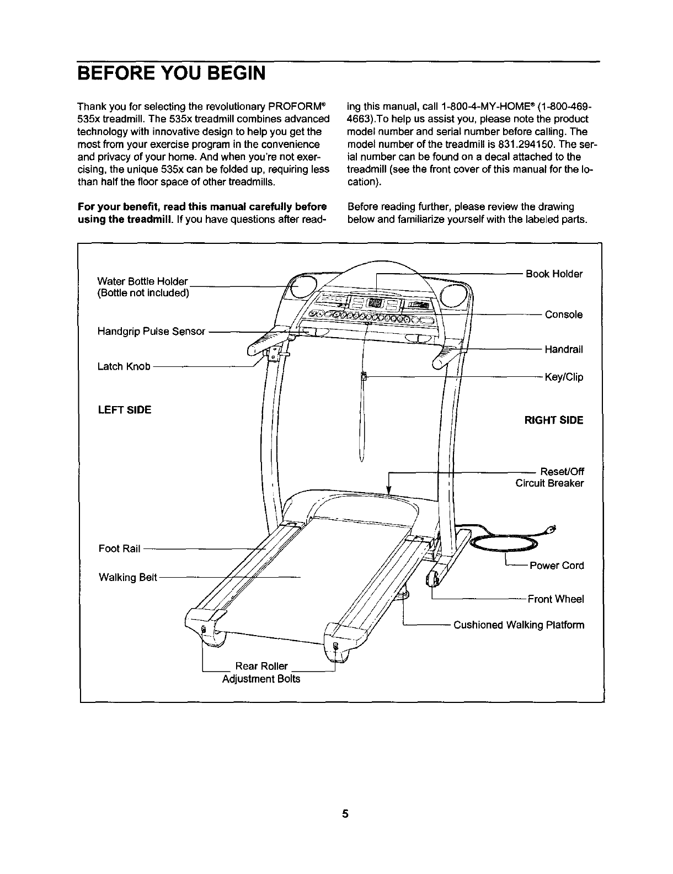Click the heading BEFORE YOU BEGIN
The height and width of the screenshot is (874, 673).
(171, 72)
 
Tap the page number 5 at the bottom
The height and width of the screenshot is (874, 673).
(345, 814)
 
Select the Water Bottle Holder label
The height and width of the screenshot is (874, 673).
(143, 281)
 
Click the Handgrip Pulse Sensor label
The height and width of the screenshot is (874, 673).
(151, 331)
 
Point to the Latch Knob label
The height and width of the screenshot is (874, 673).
(124, 366)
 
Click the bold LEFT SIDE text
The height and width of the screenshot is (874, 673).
(125, 410)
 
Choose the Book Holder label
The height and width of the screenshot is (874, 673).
(554, 274)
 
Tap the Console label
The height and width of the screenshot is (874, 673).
(564, 315)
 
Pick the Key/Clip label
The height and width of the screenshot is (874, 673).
(564, 377)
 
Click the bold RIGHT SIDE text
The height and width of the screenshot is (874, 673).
(553, 420)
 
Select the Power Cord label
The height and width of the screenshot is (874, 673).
(557, 566)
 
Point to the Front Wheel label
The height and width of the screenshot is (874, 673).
(556, 599)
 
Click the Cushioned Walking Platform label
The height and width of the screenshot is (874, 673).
(519, 625)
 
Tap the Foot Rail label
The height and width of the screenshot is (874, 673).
(120, 549)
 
